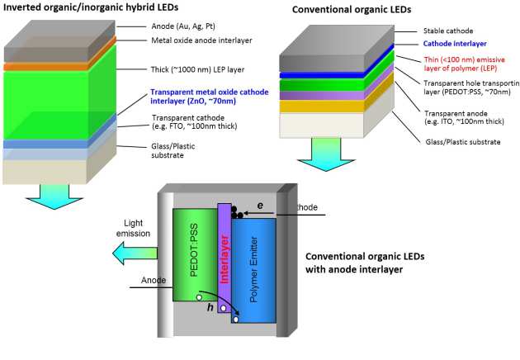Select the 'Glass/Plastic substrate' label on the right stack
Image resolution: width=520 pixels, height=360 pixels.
click(461, 141)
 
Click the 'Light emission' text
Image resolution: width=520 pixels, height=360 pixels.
click(138, 229)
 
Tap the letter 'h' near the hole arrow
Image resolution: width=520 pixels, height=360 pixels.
click(210, 307)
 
